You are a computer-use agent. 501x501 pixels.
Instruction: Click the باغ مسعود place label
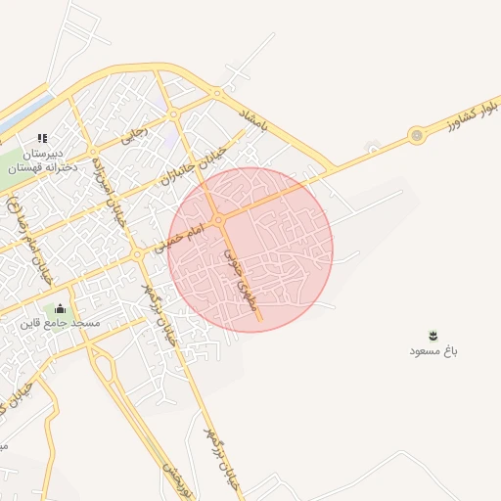pos(433,350)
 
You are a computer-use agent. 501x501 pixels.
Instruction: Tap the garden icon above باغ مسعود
pos(433,335)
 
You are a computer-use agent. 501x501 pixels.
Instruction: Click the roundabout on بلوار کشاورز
pos(418,135)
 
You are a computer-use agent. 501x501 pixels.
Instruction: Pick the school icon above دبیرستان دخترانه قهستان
pos(41,138)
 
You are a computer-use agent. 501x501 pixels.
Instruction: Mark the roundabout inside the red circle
pos(221,219)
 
